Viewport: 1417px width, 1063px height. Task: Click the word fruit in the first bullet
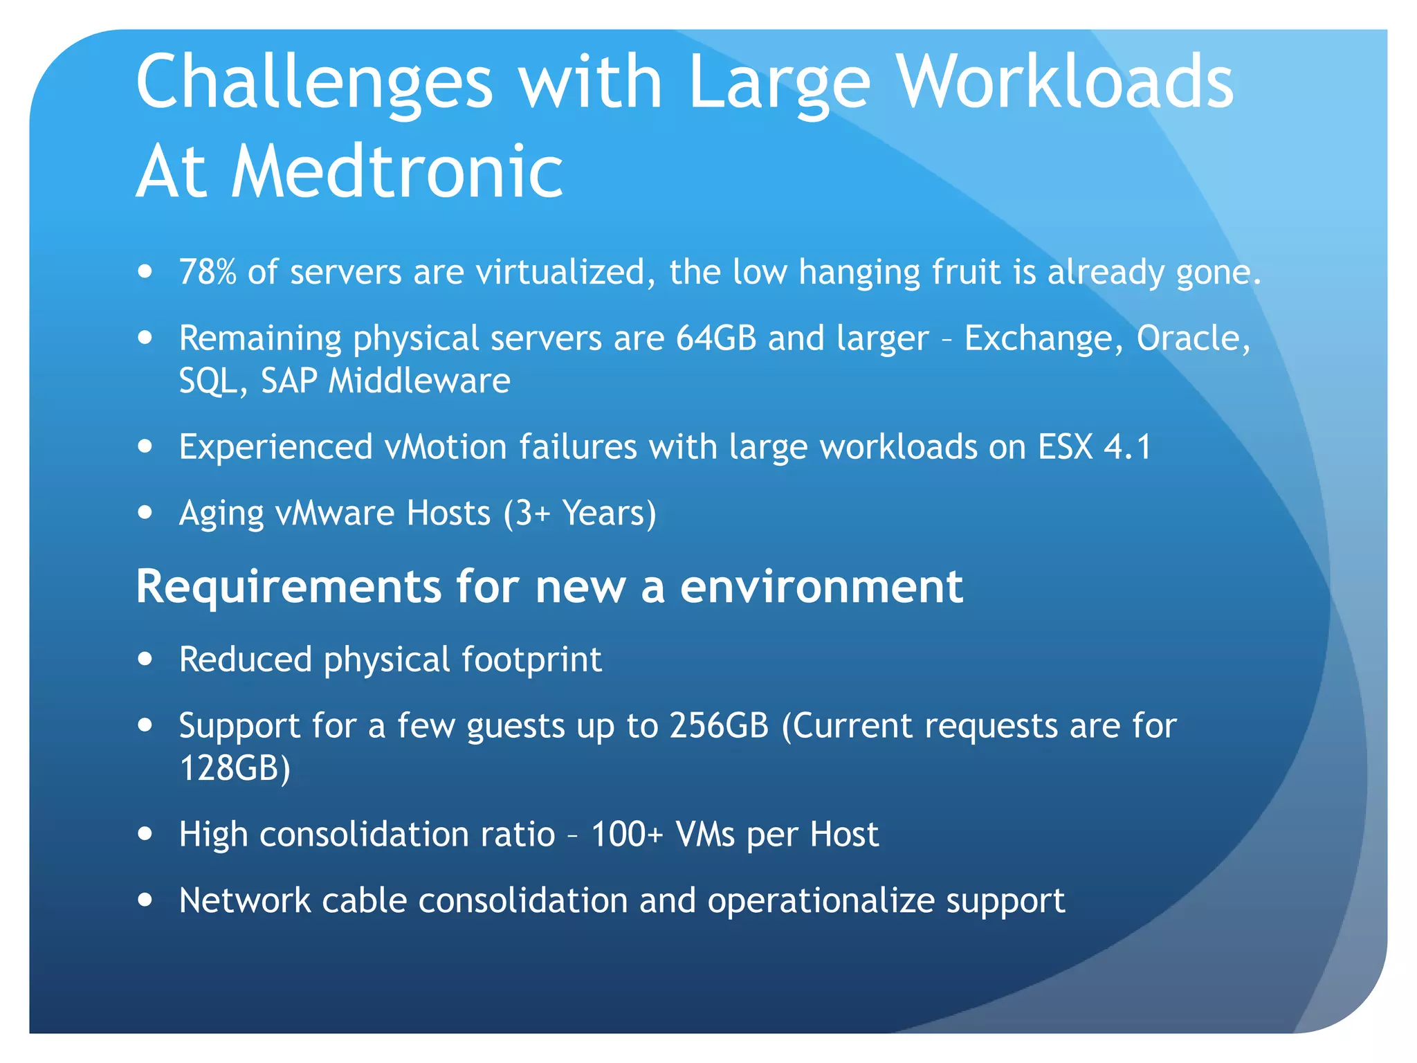click(x=966, y=272)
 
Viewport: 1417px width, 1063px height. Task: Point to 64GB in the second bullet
click(x=715, y=338)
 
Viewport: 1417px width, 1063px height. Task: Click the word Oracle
click(x=1193, y=338)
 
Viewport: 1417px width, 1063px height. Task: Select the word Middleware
click(x=419, y=381)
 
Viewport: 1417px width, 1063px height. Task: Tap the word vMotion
click(x=446, y=446)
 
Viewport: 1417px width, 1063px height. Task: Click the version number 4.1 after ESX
click(x=1127, y=446)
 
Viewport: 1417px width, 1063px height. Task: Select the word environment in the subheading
click(x=821, y=587)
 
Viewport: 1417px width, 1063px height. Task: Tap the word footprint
click(x=531, y=659)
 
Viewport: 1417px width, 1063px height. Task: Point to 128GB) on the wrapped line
click(x=235, y=767)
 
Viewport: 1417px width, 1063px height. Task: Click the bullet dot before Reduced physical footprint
click(x=145, y=659)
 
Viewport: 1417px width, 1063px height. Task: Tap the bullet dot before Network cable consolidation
click(x=145, y=900)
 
